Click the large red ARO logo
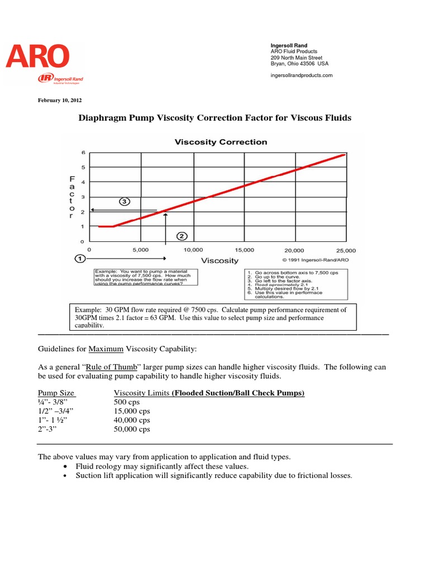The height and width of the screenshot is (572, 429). coord(38,56)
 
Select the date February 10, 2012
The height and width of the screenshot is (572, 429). coord(60,101)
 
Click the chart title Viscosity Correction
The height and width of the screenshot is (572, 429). coord(221,142)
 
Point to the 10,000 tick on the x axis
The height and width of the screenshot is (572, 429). coord(193,250)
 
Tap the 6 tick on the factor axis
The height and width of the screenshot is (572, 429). coord(83,152)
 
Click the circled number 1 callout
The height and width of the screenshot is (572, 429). coord(80,259)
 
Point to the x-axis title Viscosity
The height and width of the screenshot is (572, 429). coord(220,260)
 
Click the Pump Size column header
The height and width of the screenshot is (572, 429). coord(56,393)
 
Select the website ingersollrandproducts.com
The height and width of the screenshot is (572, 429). coord(301,75)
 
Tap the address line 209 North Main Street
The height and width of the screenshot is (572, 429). coord(296,58)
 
